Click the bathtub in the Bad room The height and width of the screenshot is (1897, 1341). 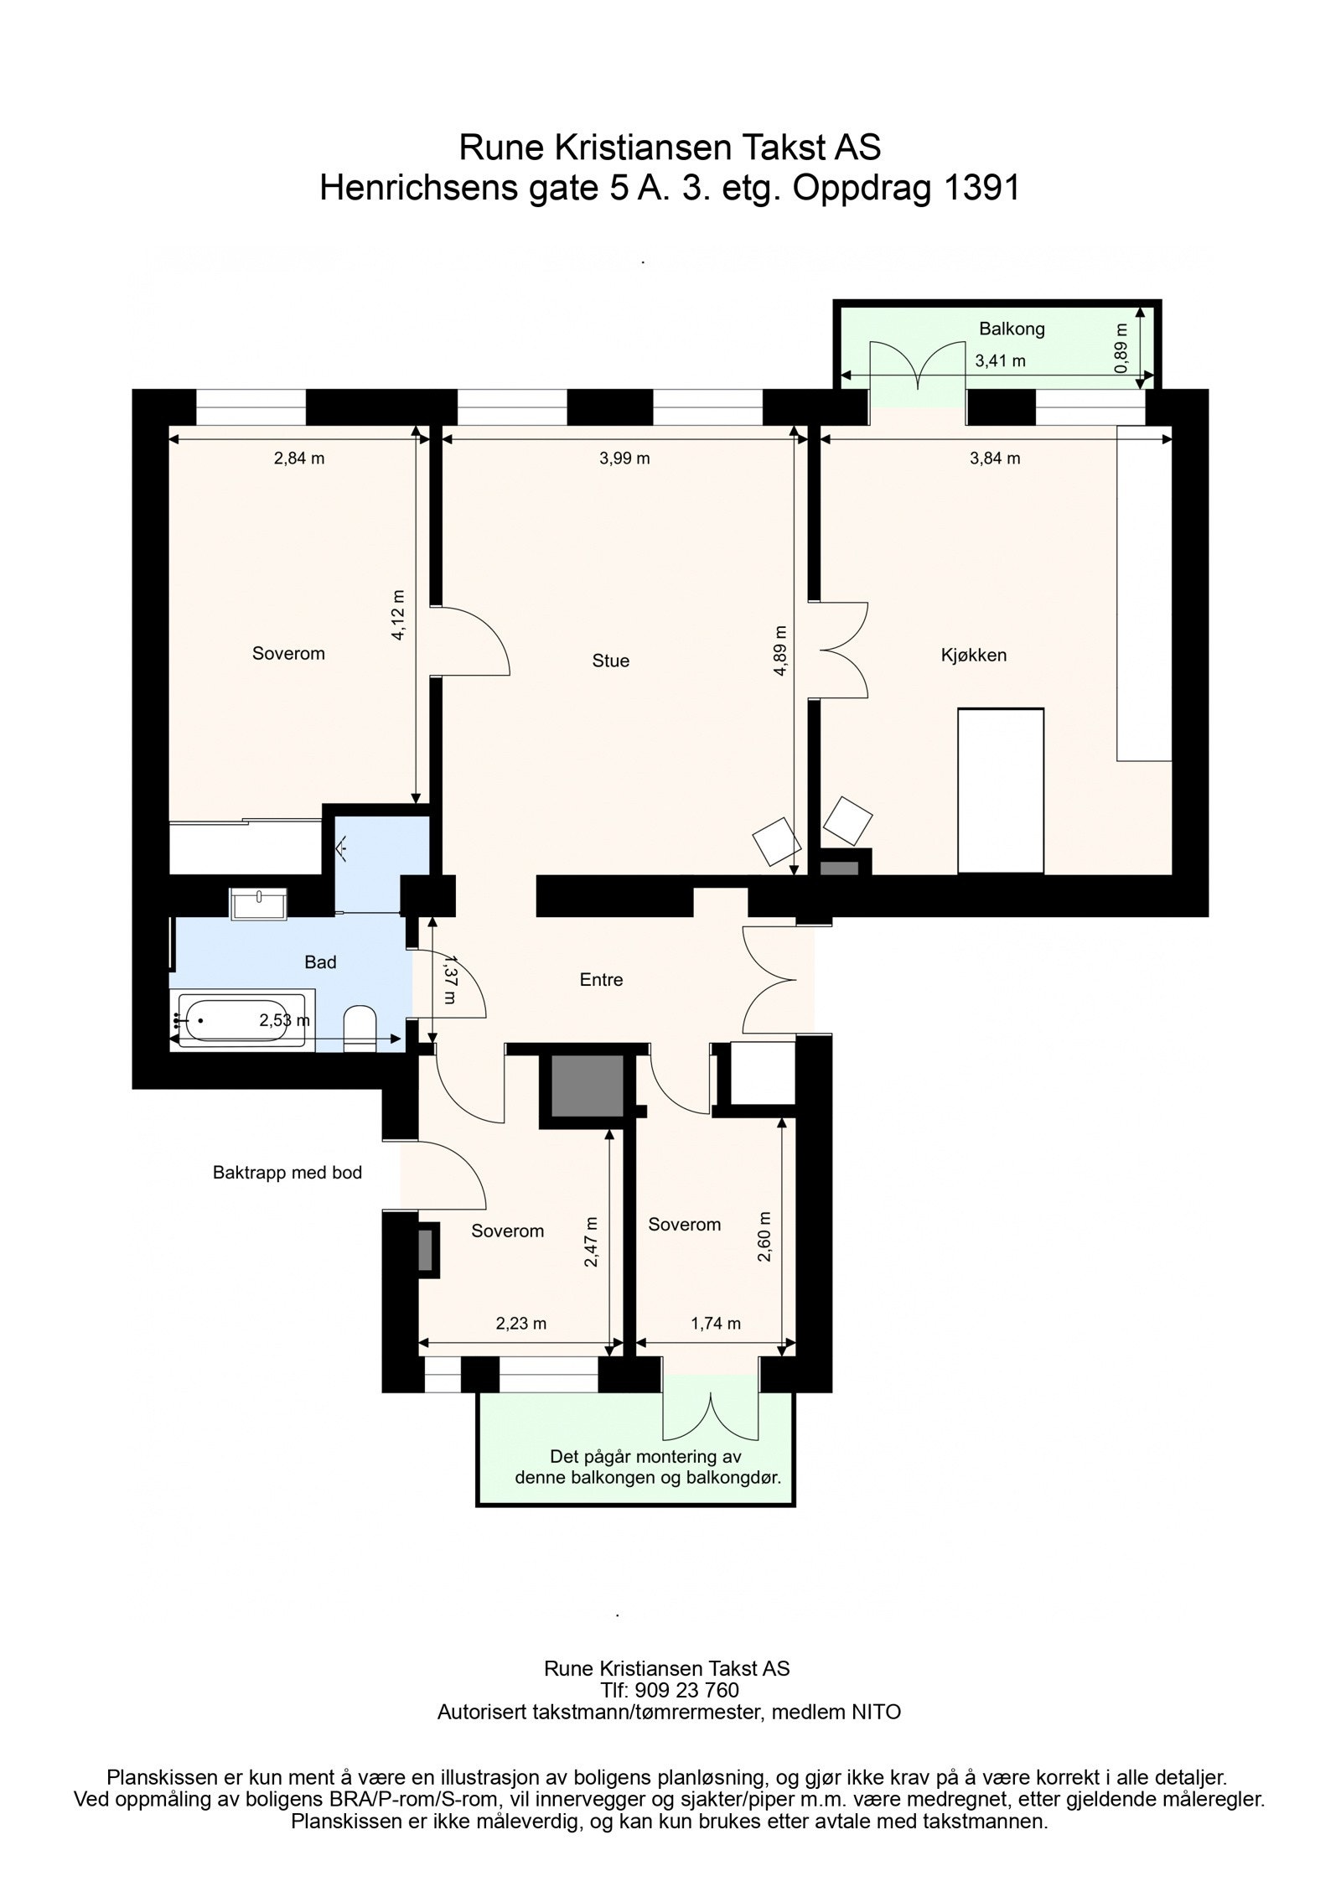(241, 1018)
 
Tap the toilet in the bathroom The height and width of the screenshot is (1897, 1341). (361, 1027)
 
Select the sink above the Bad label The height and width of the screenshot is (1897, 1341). (258, 902)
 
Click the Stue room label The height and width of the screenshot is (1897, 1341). (610, 661)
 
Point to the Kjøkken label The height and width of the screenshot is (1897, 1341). (973, 655)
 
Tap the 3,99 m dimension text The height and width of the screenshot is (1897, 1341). (624, 458)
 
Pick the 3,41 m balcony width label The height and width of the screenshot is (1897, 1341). (1000, 361)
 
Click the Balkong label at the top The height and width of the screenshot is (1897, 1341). (1012, 329)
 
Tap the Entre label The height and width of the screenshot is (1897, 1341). (601, 979)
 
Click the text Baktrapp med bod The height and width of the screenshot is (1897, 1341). (287, 1173)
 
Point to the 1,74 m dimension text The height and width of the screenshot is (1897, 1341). (715, 1324)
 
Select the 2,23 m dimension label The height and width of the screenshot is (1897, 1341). (520, 1324)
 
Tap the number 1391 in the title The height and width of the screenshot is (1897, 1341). (981, 189)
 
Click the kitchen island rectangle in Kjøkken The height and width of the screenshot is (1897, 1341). (1001, 790)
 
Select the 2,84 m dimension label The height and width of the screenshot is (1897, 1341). (299, 458)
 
